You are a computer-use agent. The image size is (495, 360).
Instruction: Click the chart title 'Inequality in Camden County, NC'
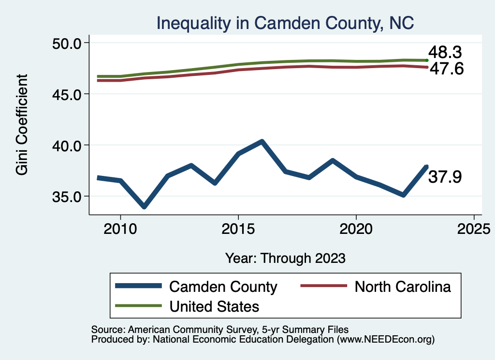point(285,23)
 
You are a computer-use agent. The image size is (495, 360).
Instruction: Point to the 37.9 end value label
point(445,177)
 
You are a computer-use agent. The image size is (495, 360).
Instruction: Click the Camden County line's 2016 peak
point(262,142)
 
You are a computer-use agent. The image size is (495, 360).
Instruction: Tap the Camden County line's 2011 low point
point(144,206)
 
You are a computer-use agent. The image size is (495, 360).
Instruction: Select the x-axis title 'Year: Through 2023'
point(285,258)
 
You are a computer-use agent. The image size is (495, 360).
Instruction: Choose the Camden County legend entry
point(223,287)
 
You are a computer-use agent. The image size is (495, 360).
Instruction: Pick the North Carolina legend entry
point(403,287)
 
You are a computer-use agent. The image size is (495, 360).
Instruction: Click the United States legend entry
point(214,306)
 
